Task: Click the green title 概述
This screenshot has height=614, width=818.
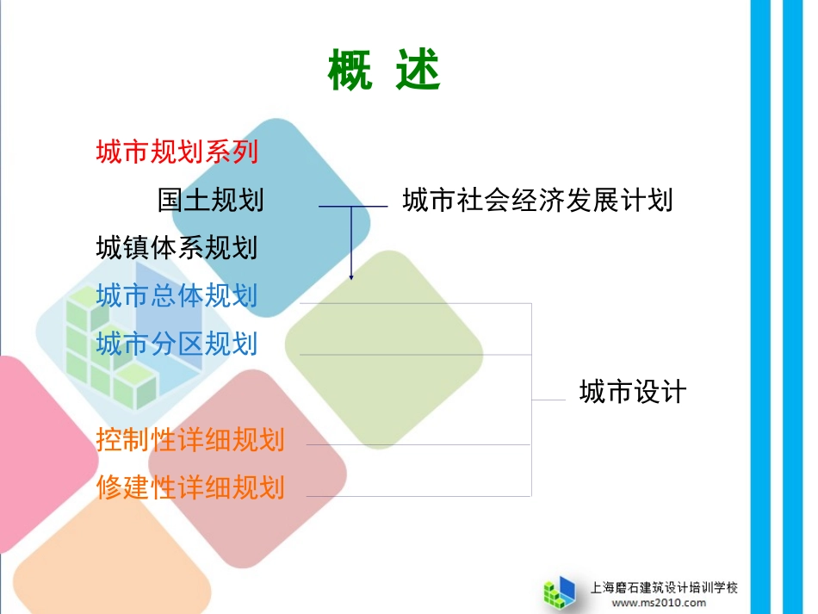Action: click(384, 71)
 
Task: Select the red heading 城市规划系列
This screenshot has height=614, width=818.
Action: click(177, 152)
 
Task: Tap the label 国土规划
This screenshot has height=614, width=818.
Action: click(211, 201)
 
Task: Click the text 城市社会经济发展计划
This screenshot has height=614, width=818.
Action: click(537, 201)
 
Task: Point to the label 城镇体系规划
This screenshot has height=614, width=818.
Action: click(177, 249)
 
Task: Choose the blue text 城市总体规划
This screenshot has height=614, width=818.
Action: click(177, 296)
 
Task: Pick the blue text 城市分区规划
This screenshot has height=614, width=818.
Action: click(177, 344)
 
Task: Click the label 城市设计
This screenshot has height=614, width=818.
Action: click(632, 393)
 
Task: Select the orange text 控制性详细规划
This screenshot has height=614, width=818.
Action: click(190, 440)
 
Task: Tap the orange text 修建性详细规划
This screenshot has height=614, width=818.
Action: click(190, 488)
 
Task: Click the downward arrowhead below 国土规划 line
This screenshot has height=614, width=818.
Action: click(351, 275)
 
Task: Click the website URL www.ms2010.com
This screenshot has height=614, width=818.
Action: click(659, 603)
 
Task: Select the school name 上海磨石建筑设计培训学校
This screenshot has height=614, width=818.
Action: click(664, 587)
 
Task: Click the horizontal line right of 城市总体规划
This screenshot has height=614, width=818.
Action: click(413, 303)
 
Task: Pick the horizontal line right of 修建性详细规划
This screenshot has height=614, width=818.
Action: click(418, 496)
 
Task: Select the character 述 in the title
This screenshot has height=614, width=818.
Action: click(418, 71)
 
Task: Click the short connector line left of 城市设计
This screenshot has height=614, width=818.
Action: click(548, 400)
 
